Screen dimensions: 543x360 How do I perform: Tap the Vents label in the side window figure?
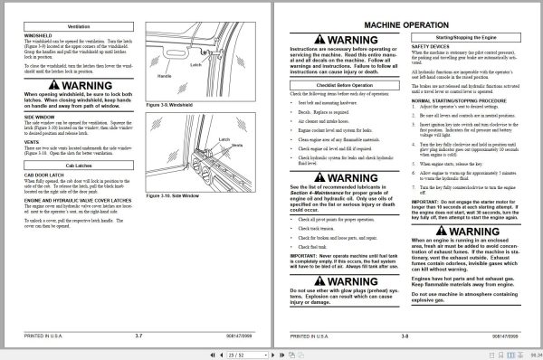coord(238,146)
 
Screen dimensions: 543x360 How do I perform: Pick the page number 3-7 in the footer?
coord(138,336)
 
